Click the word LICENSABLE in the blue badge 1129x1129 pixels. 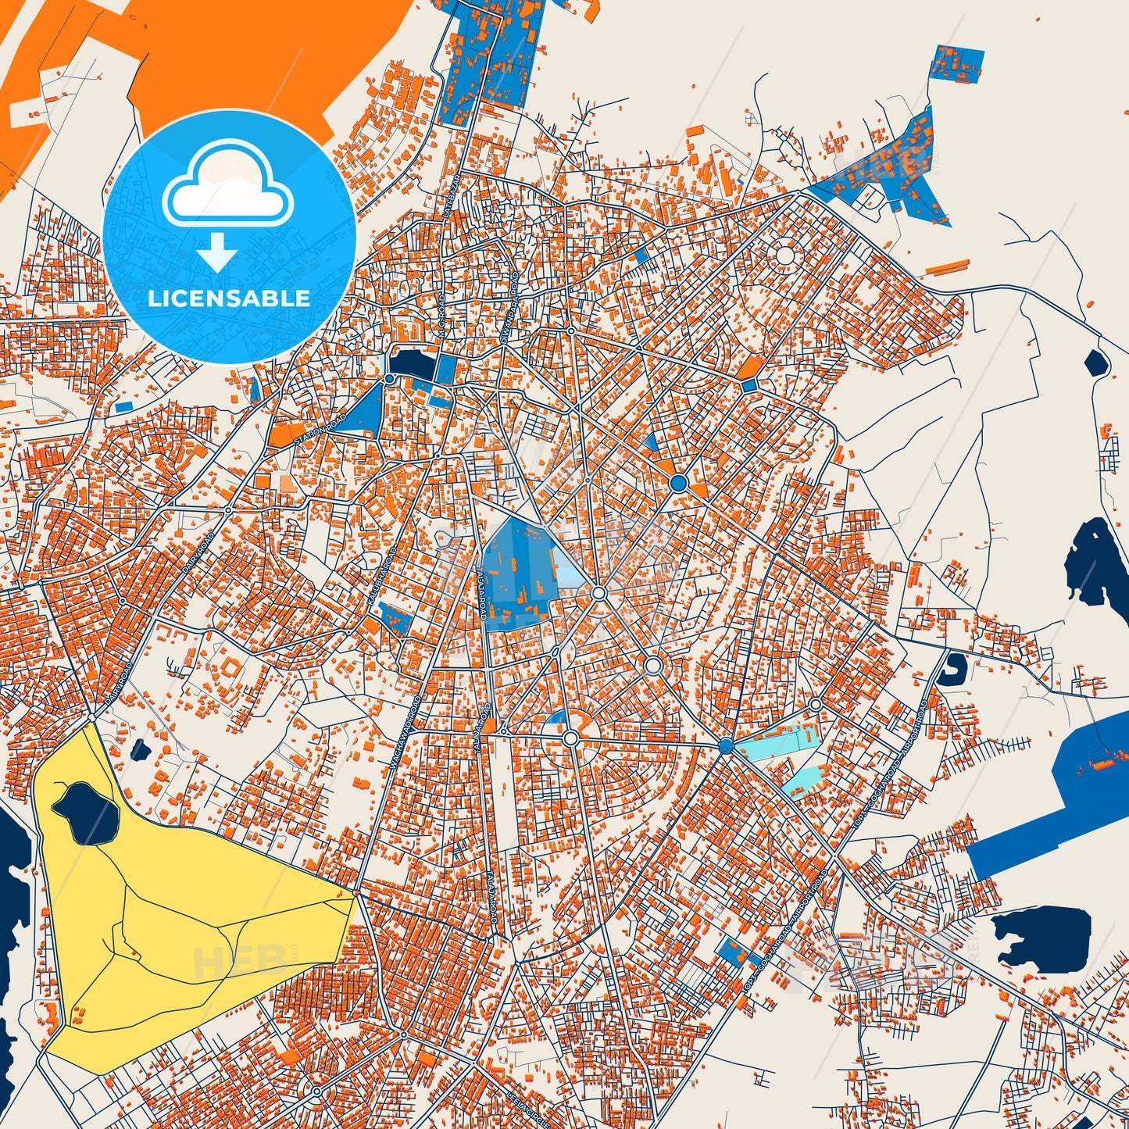click(x=229, y=298)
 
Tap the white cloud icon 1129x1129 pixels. click(x=228, y=187)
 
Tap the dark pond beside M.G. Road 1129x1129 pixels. click(x=410, y=363)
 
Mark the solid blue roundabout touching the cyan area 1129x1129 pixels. click(x=726, y=747)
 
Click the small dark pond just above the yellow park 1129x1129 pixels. click(x=141, y=751)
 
